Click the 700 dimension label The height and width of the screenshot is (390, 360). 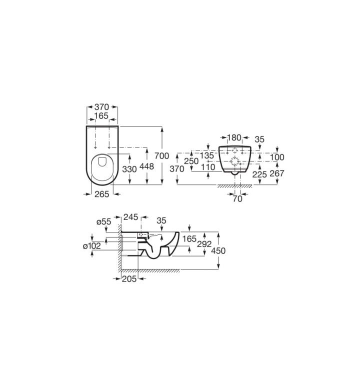click(x=161, y=156)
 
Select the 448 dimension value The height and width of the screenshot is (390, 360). click(x=147, y=166)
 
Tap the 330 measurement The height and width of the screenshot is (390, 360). click(x=129, y=169)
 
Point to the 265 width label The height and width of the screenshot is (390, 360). click(x=102, y=194)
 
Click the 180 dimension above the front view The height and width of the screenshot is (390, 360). click(x=234, y=137)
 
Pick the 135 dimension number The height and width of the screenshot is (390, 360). click(x=207, y=155)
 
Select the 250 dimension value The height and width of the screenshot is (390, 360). click(x=191, y=161)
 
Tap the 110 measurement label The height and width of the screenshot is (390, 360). click(x=208, y=167)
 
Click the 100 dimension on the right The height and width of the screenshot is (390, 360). click(x=277, y=157)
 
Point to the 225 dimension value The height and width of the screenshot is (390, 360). click(x=259, y=174)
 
